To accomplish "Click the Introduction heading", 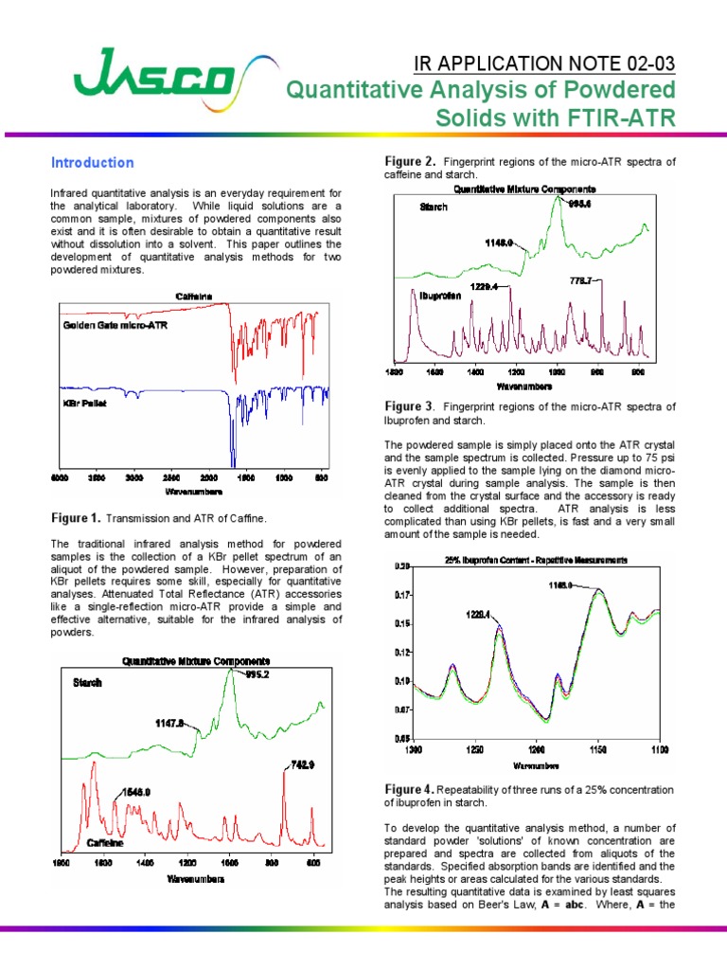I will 92,162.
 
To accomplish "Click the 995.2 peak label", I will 259,674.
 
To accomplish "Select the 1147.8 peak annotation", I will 174,722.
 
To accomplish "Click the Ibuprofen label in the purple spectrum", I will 440,296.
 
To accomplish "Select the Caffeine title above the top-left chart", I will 194,296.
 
